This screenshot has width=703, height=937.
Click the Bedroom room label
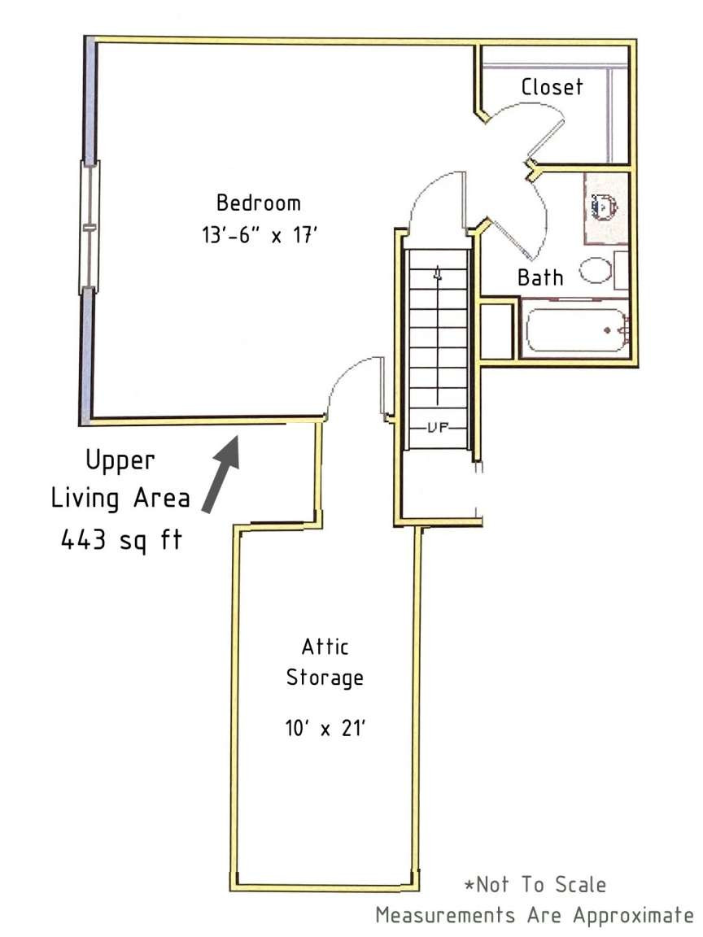click(x=257, y=203)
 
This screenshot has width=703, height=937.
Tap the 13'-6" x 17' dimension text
click(x=257, y=236)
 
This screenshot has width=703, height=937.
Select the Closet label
click(x=552, y=87)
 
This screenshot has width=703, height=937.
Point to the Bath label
click(x=540, y=277)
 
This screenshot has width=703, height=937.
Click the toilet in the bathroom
click(x=605, y=207)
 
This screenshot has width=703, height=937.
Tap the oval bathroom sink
click(x=596, y=270)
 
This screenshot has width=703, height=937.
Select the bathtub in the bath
click(x=574, y=329)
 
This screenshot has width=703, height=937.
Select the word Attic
click(x=325, y=647)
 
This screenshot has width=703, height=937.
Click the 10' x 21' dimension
click(x=325, y=728)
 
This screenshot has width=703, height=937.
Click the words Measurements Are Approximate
click(x=533, y=915)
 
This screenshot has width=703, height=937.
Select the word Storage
click(x=325, y=678)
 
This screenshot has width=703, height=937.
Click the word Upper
click(x=121, y=460)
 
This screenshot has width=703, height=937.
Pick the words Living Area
click(x=121, y=499)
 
